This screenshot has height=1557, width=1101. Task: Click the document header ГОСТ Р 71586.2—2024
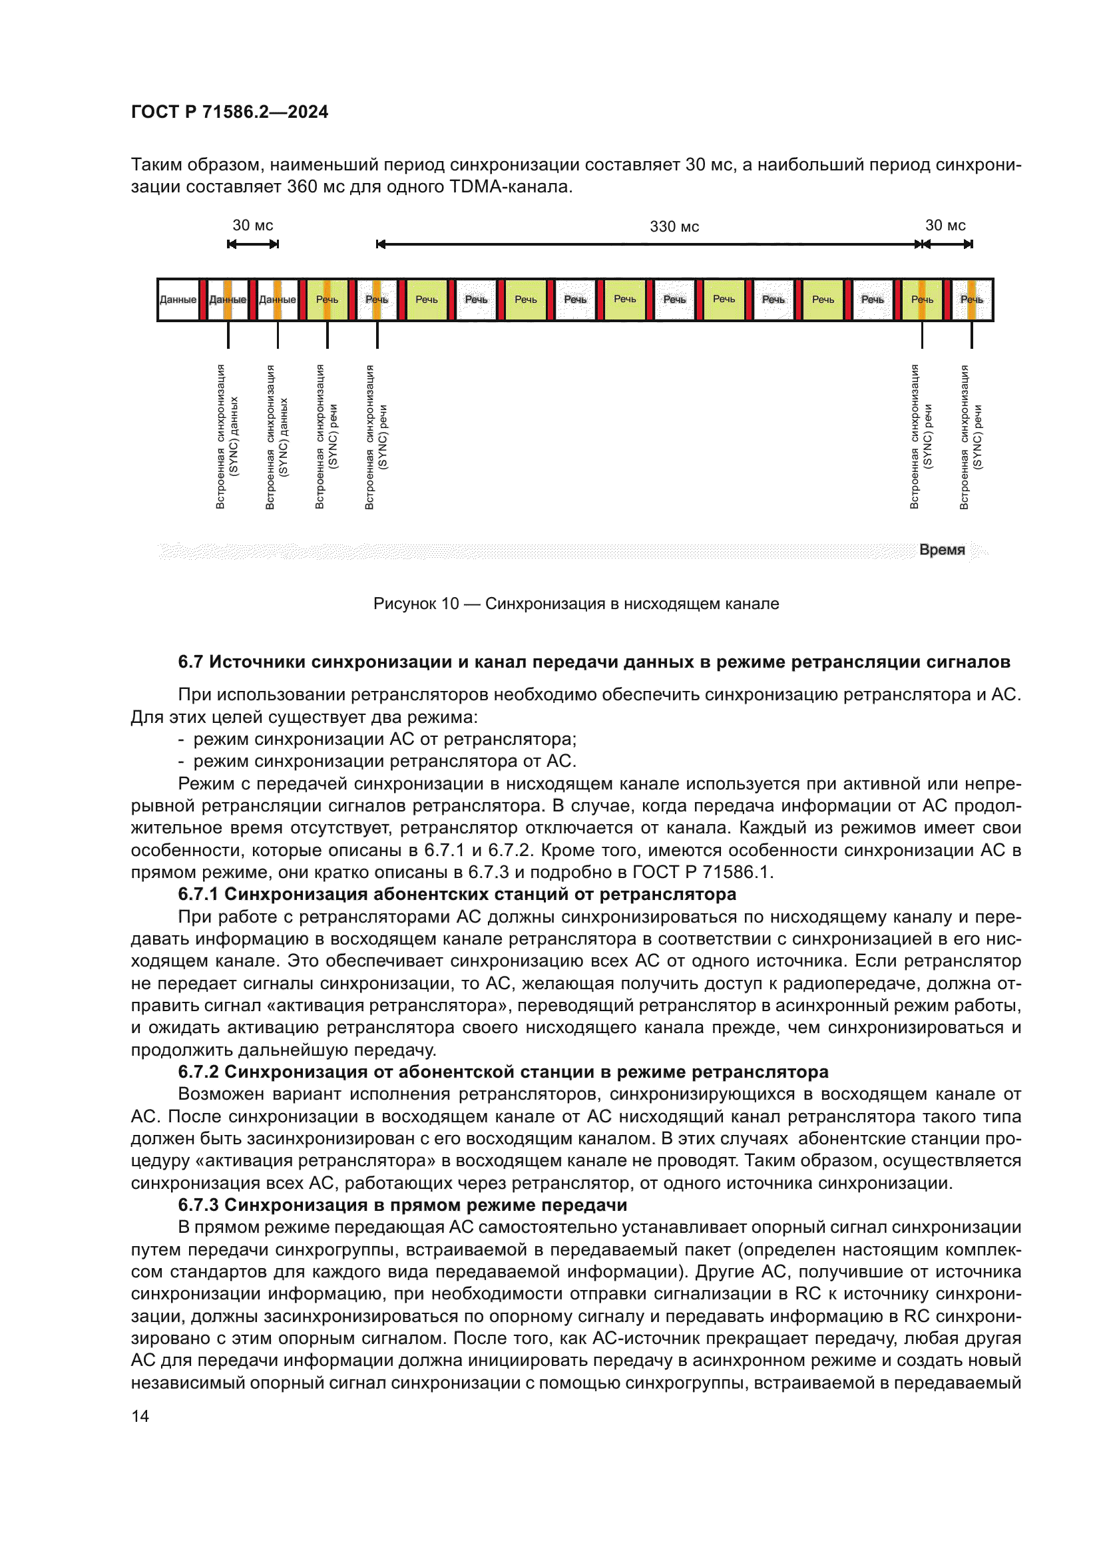pos(229,112)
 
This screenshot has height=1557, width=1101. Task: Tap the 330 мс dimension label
pos(674,226)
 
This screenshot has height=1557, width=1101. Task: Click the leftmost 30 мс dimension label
pos(253,225)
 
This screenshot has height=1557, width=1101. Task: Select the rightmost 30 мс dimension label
pos(945,225)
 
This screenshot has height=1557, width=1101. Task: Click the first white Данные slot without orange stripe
pos(178,299)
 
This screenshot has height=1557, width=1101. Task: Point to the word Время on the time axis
pos(942,549)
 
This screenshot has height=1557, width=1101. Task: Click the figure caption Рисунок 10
pos(576,604)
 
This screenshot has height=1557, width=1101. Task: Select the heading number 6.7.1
pos(198,894)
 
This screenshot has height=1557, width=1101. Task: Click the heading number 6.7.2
pos(198,1072)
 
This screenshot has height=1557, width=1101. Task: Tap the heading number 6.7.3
pos(198,1204)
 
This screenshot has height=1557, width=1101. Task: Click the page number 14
pos(140,1416)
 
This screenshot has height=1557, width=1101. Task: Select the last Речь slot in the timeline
pos(971,299)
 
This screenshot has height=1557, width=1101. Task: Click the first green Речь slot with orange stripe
pos(328,299)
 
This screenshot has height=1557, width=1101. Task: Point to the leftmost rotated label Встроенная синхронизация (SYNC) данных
pos(227,437)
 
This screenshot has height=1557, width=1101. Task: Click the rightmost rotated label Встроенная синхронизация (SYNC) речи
pos(971,437)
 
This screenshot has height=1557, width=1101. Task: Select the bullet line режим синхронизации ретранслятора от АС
pos(384,761)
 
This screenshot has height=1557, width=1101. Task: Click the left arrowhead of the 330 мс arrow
pos(381,244)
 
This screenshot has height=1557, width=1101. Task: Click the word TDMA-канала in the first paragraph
pos(511,186)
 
